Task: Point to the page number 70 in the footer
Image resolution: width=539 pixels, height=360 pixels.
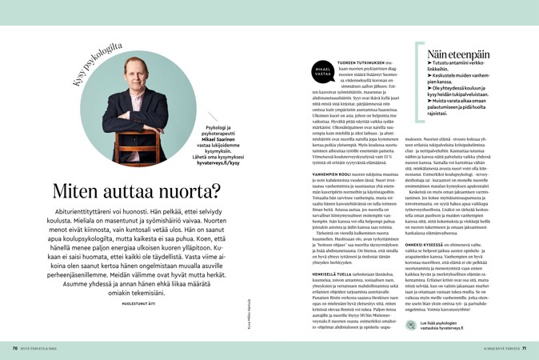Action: click(14, 348)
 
